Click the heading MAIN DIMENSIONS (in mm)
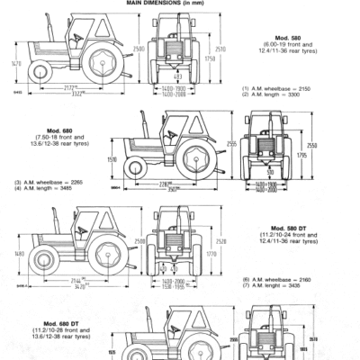coord(179,4)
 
